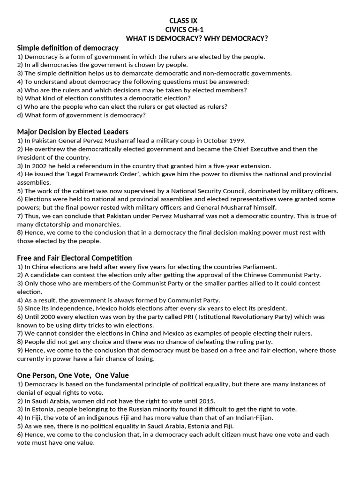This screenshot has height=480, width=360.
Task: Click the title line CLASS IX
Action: tap(180, 21)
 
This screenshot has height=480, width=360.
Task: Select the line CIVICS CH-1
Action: tap(180, 30)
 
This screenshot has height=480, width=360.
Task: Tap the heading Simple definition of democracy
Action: tap(67, 48)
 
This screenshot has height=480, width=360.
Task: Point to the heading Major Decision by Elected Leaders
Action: tap(73, 132)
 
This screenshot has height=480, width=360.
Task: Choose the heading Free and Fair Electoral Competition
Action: tap(75, 258)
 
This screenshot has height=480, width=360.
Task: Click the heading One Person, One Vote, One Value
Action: tap(73, 375)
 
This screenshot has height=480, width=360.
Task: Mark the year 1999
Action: tap(236, 141)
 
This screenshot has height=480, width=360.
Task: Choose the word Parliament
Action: tap(256, 266)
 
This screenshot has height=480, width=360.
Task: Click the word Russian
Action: tap(133, 409)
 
